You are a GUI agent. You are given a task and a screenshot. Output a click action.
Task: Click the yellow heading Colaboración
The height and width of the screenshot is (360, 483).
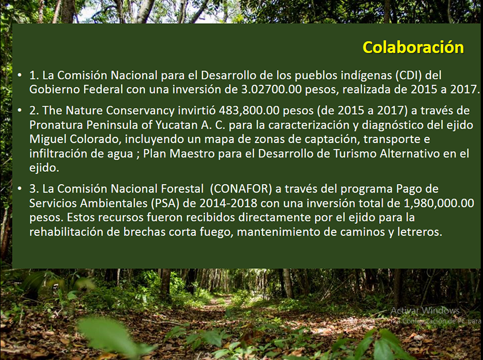point(413,47)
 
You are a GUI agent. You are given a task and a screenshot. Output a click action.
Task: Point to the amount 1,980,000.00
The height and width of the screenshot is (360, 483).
point(439,203)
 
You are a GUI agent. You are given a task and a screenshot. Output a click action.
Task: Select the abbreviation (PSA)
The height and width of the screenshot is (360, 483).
point(166,203)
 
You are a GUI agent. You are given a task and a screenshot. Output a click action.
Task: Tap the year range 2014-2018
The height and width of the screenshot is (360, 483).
point(229,203)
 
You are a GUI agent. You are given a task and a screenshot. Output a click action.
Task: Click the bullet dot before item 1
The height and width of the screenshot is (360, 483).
point(20,75)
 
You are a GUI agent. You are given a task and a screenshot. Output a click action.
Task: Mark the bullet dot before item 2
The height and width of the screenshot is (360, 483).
point(20,110)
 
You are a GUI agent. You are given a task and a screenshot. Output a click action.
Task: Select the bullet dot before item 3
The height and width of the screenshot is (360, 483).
point(20,189)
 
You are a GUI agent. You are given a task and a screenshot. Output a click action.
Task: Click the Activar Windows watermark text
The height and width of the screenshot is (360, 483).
point(425,310)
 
